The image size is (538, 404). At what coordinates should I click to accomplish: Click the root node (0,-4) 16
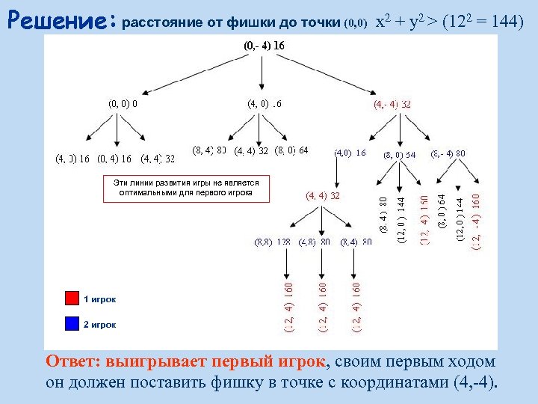coord(264,46)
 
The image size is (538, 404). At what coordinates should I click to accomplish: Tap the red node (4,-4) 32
coord(392,104)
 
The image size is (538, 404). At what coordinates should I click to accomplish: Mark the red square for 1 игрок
coord(72,299)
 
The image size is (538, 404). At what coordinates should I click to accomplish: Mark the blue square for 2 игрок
coord(72,324)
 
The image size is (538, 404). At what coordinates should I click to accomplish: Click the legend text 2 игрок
coord(99,325)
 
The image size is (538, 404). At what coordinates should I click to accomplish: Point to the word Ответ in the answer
coord(72,362)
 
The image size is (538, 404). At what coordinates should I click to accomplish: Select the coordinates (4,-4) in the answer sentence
coord(472,385)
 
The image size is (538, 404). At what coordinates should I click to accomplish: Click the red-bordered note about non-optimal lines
coord(185,188)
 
